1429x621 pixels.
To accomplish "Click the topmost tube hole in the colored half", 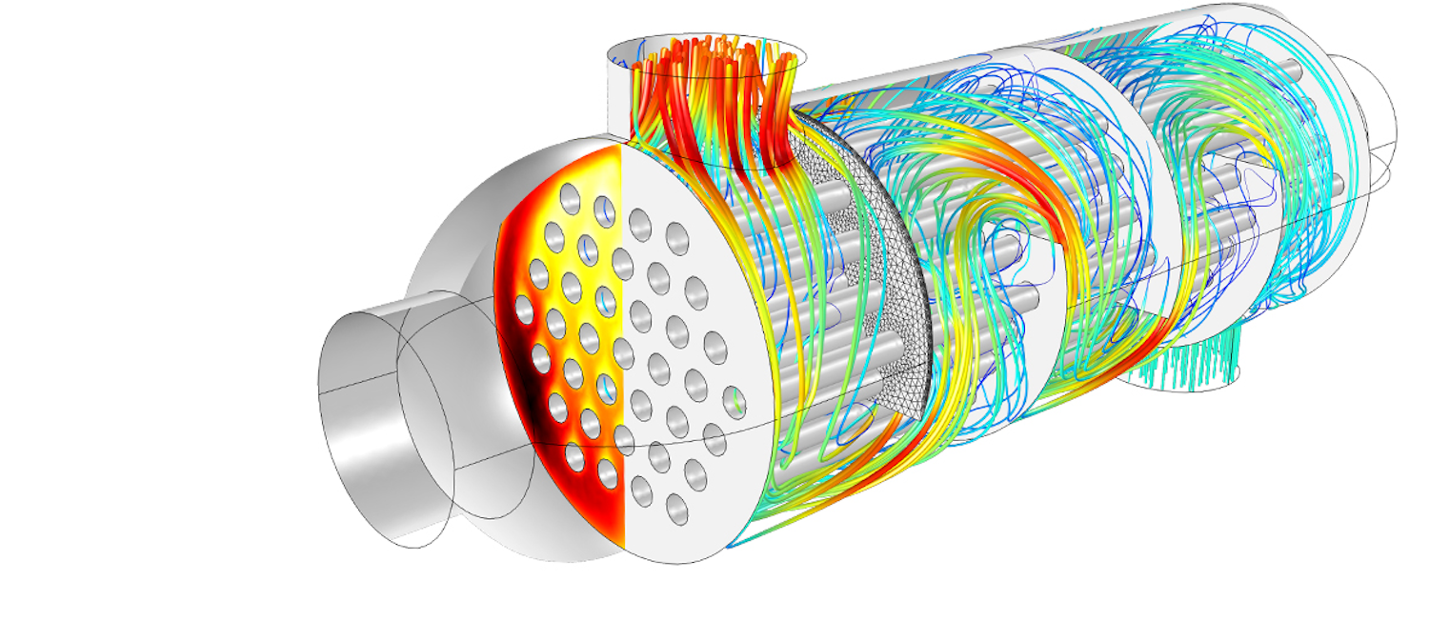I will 570,198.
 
